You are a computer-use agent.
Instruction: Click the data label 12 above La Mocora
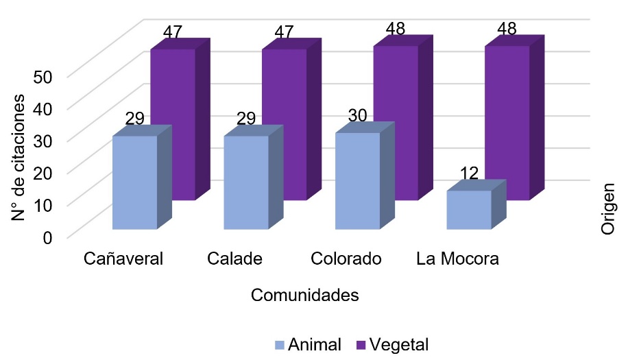(469, 173)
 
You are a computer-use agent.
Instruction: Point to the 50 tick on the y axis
(43, 75)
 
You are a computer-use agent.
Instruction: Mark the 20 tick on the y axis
(43, 173)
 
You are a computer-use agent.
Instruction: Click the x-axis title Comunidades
(305, 296)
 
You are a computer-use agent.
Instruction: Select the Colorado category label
(345, 259)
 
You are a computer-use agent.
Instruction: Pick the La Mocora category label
(457, 259)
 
